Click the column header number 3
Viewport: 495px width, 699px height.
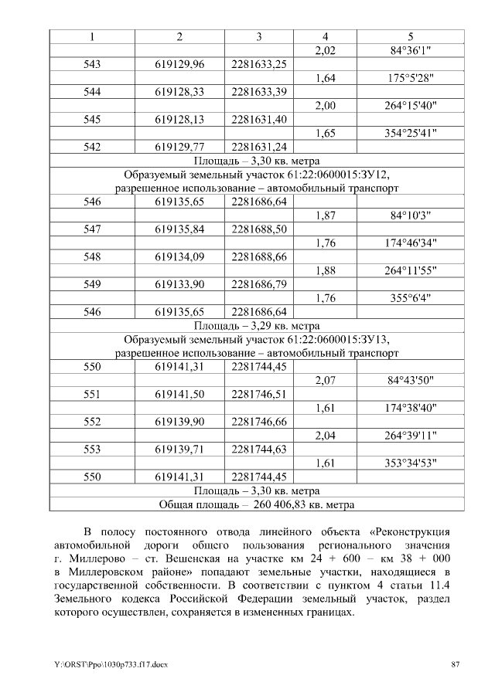coord(258,37)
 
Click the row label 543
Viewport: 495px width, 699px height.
coord(92,64)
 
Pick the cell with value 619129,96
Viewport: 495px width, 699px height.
coord(179,64)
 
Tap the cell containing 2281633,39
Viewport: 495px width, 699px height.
coord(258,92)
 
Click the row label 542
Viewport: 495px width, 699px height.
coord(92,147)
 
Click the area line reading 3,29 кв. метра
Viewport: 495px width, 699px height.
coord(258,326)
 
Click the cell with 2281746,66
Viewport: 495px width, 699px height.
coord(258,422)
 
